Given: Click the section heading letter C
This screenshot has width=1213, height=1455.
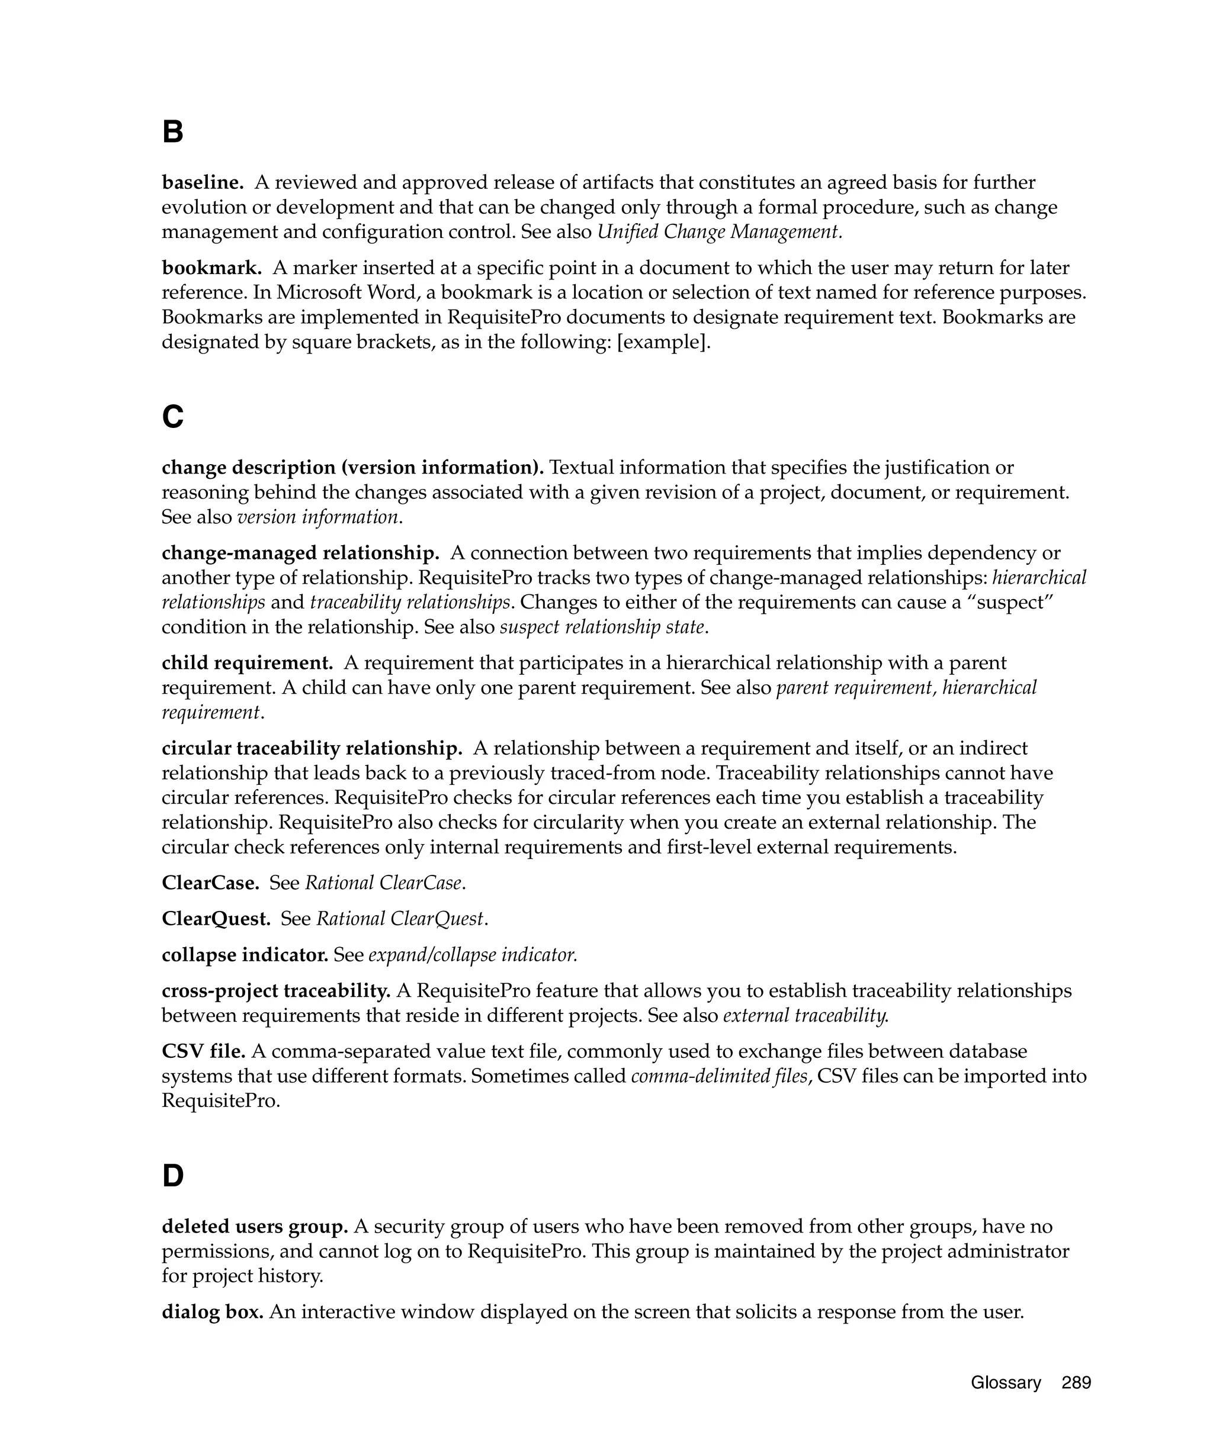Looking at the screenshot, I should click(x=172, y=417).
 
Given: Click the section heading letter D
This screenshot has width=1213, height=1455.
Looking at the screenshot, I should click(x=172, y=1176).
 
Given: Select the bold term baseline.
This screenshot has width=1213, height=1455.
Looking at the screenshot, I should click(x=203, y=182).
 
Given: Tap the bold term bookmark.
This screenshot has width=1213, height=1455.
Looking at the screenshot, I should click(x=211, y=268).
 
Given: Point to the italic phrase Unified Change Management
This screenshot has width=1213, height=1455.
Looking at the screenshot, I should click(x=720, y=231).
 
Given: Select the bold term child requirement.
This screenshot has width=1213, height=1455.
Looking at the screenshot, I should click(x=247, y=662).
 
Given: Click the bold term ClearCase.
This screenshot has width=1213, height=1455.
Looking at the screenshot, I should click(x=210, y=883).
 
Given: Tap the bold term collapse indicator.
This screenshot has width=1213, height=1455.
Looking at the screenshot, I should click(x=245, y=955).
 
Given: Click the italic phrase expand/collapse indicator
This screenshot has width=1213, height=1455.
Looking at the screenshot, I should click(x=473, y=955).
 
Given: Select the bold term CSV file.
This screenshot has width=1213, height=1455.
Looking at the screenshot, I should click(x=203, y=1051).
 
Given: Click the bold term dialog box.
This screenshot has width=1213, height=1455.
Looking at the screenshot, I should click(x=212, y=1312).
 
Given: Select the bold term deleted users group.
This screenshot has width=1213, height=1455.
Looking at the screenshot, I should click(x=254, y=1227).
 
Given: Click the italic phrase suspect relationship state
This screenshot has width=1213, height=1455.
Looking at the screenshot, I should click(x=603, y=627).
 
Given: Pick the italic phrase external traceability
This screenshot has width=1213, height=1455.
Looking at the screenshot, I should click(x=806, y=1015).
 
